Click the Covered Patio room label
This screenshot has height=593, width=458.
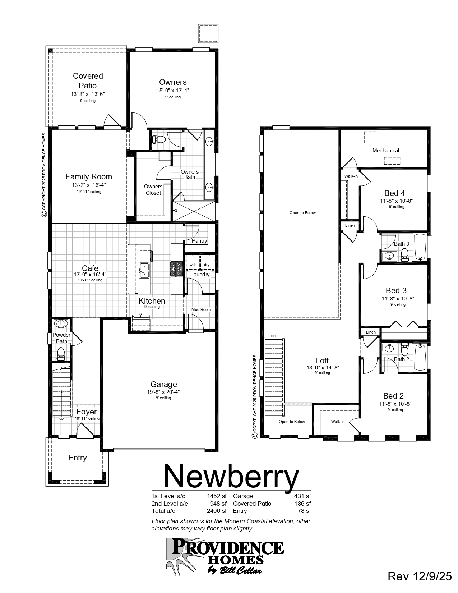tap(88, 81)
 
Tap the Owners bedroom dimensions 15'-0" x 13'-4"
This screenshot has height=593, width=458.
tap(173, 91)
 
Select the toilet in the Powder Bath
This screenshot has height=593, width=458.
tap(61, 353)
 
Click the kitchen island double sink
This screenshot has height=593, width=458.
tap(144, 270)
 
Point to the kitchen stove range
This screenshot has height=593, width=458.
tap(177, 268)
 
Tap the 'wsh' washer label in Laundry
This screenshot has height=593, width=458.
tap(193, 265)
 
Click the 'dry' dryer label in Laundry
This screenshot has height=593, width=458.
tap(207, 265)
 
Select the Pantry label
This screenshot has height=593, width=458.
tap(199, 241)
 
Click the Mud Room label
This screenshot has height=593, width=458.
tap(201, 309)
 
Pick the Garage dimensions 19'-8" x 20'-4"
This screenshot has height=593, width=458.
tap(163, 392)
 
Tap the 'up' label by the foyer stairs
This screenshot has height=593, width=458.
tap(61, 419)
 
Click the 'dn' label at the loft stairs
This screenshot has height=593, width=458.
tap(273, 336)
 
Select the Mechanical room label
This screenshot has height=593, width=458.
tap(385, 151)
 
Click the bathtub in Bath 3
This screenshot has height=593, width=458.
tap(420, 247)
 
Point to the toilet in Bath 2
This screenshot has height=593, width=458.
tap(404, 348)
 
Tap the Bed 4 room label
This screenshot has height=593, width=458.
tap(394, 193)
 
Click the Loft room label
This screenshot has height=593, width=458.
tap(322, 360)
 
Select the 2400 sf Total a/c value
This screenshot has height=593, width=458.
tap(217, 511)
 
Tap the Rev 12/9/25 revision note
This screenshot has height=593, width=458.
tap(420, 576)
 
